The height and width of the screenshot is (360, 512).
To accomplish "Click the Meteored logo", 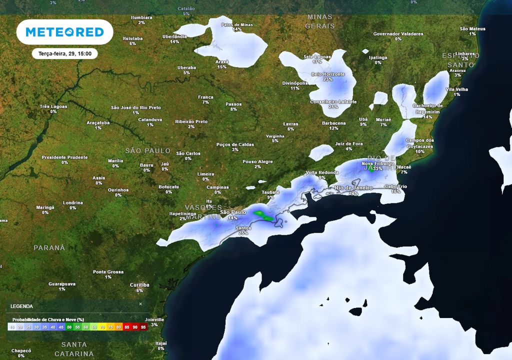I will [x=64, y=32].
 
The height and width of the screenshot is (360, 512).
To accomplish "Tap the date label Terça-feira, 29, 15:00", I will [x=64, y=53].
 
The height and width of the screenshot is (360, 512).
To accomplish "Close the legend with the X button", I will [x=140, y=303].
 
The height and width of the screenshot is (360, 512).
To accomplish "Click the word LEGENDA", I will [x=22, y=306].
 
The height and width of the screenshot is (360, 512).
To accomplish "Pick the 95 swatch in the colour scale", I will [x=143, y=327].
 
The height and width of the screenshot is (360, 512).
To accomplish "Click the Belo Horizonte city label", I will [x=328, y=74].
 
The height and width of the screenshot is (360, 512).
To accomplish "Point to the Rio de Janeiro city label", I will [x=354, y=187].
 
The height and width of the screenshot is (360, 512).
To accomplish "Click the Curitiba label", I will [x=139, y=285].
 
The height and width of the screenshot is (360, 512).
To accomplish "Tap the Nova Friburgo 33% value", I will [x=377, y=169].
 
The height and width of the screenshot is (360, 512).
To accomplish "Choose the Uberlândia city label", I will [x=174, y=36].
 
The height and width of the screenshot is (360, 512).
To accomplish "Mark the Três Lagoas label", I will [x=53, y=106].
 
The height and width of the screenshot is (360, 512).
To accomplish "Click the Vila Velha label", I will [x=456, y=89].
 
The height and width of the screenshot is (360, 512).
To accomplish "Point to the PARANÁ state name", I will [x=49, y=247].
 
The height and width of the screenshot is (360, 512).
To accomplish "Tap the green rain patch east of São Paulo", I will [x=263, y=215].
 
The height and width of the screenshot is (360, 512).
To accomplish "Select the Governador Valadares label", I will [x=398, y=34].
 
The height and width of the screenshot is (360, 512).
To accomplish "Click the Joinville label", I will [x=154, y=319].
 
